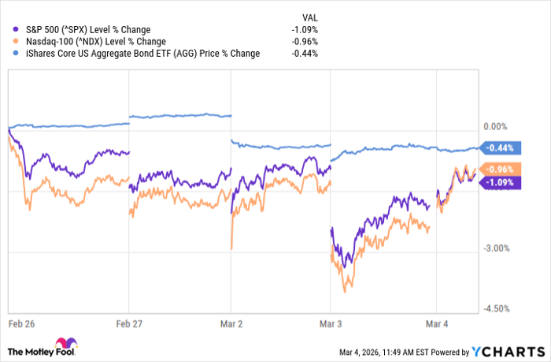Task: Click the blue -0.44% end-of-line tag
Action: tap(501, 147)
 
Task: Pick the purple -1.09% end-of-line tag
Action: tap(501, 182)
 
